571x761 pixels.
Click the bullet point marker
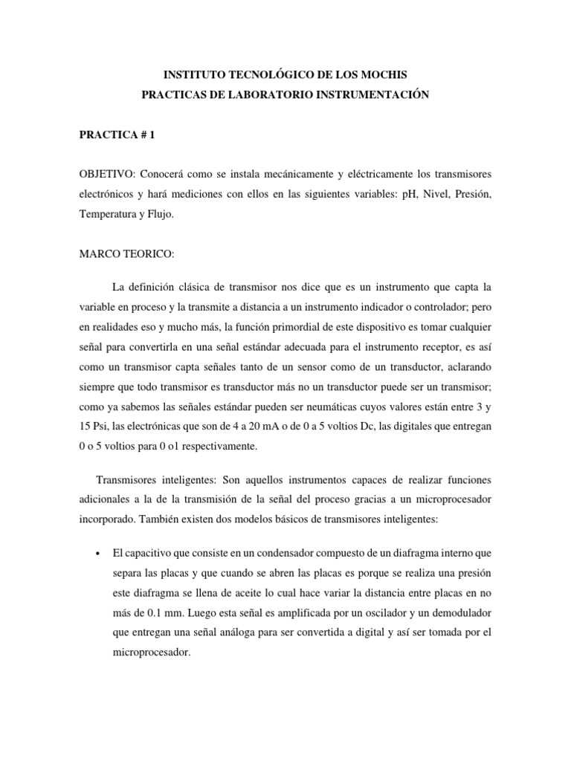99,554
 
